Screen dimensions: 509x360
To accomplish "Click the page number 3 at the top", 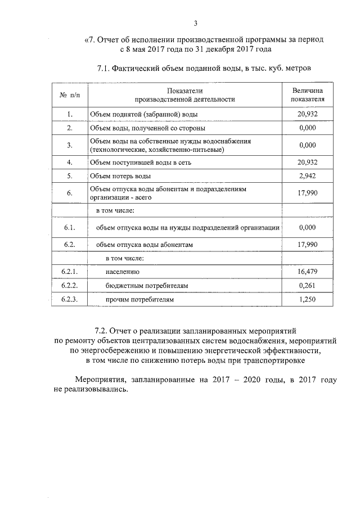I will click(x=195, y=23).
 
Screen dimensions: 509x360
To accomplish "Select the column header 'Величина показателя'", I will click(x=308, y=94).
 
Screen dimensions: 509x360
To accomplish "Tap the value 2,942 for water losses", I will click(x=308, y=175).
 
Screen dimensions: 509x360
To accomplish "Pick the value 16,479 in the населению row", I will click(x=308, y=272).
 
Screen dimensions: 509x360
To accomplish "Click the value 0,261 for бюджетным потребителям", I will click(x=308, y=286).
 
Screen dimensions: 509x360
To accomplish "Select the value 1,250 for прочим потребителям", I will click(x=308, y=300).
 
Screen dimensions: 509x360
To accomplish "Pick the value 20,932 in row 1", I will click(x=308, y=114).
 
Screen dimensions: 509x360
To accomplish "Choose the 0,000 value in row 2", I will click(x=308, y=128).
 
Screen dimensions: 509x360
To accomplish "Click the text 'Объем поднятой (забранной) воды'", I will click(x=143, y=114).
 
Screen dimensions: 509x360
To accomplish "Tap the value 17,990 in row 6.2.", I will click(x=308, y=245).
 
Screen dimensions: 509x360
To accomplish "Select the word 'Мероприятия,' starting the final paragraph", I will click(x=102, y=380).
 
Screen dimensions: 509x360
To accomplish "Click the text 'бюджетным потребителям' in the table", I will click(x=147, y=286).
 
